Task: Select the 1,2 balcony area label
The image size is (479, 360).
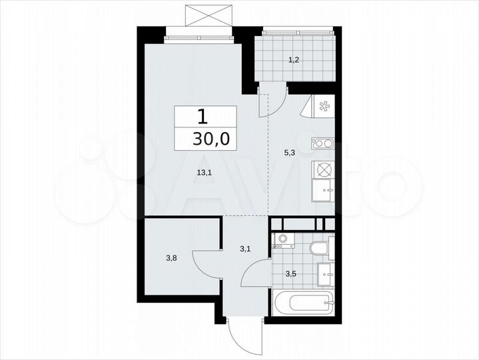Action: (293, 60)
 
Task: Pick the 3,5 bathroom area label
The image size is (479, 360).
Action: (291, 273)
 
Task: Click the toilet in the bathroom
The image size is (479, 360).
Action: (319, 249)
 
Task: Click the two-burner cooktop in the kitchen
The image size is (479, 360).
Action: (322, 142)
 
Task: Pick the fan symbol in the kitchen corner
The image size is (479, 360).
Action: (324, 107)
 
